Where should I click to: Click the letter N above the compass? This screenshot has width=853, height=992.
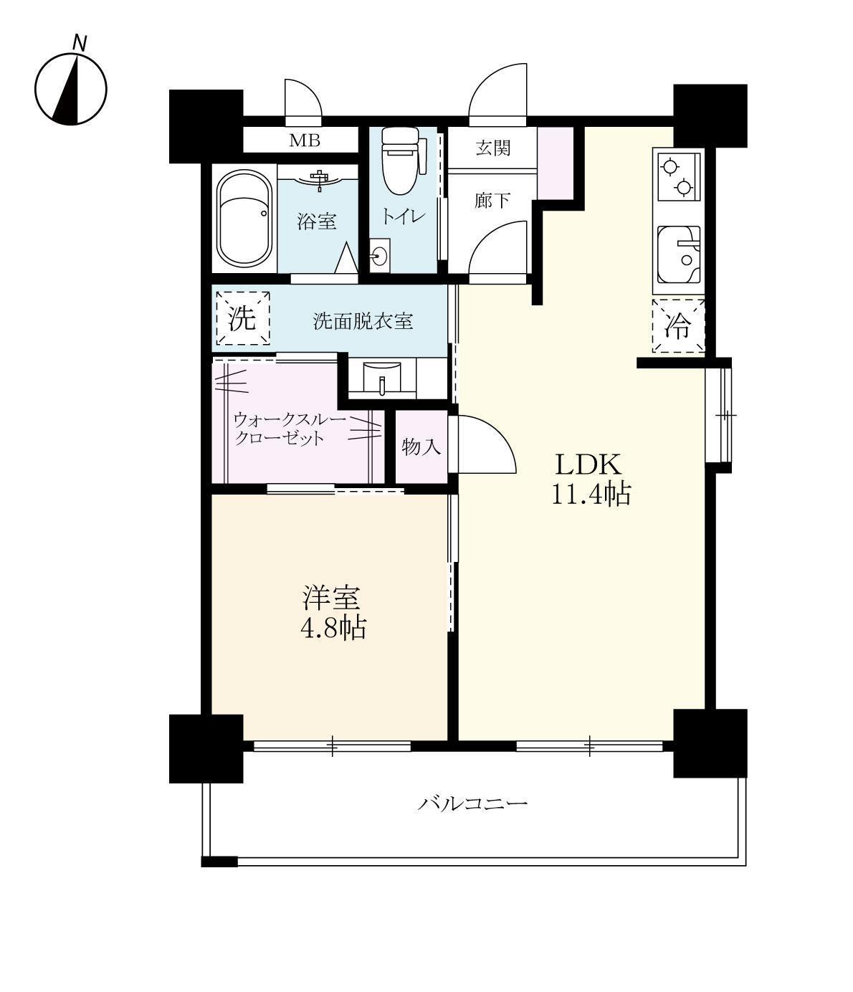pyautogui.click(x=79, y=43)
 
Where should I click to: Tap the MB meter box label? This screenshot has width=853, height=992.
pyautogui.click(x=305, y=140)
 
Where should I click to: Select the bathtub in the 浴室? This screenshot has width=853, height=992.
pyautogui.click(x=244, y=219)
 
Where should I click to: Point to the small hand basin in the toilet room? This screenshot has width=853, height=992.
pyautogui.click(x=380, y=256)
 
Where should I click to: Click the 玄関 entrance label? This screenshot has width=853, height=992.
pyautogui.click(x=492, y=148)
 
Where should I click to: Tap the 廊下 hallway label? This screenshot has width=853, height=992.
pyautogui.click(x=492, y=201)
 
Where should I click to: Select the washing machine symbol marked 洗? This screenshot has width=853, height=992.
pyautogui.click(x=242, y=318)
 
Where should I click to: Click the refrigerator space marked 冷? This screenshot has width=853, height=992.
pyautogui.click(x=678, y=326)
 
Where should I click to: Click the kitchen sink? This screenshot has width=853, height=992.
pyautogui.click(x=678, y=255)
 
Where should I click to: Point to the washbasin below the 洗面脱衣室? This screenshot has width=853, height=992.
pyautogui.click(x=382, y=378)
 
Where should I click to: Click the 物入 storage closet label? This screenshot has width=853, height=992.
pyautogui.click(x=421, y=447)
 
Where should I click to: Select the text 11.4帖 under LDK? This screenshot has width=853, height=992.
pyautogui.click(x=591, y=494)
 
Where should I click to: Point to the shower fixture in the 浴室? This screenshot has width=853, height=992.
pyautogui.click(x=319, y=178)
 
